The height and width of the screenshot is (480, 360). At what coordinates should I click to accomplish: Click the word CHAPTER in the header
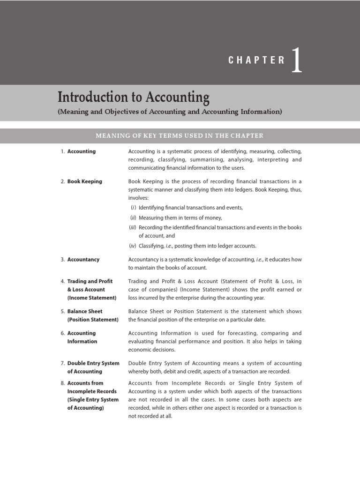256,60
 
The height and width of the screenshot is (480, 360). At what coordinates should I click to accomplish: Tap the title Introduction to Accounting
134,97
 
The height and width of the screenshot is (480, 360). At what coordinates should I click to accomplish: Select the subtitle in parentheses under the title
170,112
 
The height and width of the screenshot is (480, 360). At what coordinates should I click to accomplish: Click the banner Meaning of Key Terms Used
180,136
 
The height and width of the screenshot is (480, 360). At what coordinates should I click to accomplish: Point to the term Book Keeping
84,181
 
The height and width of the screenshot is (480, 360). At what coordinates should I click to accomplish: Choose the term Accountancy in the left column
83,259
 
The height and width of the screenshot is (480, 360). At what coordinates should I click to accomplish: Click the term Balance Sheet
85,311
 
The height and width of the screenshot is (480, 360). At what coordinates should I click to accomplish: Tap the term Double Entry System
93,363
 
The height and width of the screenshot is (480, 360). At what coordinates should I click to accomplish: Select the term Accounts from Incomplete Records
85,383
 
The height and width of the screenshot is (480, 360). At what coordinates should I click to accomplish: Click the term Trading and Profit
90,281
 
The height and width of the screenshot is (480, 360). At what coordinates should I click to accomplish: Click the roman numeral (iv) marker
132,246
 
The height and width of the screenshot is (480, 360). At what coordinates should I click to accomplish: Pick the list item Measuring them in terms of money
180,217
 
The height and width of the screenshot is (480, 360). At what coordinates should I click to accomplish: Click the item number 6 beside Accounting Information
62,333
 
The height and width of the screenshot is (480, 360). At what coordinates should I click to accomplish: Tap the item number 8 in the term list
62,383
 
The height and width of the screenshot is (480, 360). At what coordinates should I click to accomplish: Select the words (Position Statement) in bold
93,320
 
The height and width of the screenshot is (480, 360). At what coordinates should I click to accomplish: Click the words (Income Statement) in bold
92,298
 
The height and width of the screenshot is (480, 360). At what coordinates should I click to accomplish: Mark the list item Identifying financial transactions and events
190,208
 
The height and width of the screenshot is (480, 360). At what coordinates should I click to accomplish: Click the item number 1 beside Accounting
62,151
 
